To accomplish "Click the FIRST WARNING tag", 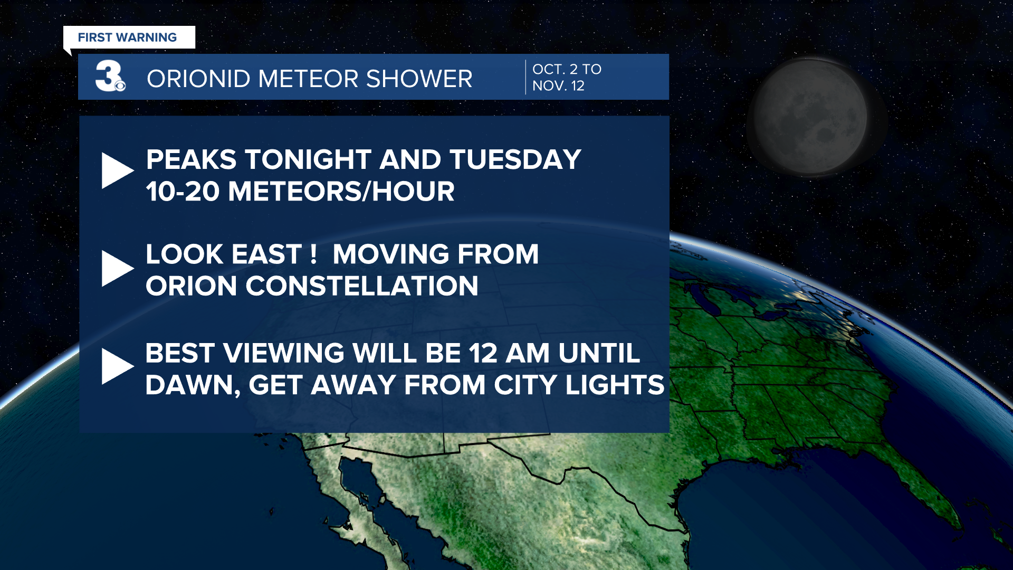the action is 129,37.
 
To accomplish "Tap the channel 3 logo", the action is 110,77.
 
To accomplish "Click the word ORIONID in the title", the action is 198,79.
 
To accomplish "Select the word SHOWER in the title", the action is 419,79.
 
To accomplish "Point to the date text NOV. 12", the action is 558,86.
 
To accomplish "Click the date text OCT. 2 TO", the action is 567,69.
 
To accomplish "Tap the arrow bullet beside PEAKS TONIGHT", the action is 118,170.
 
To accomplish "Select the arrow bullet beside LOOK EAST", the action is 118,269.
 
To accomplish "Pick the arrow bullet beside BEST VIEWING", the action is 118,366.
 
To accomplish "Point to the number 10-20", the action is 183,191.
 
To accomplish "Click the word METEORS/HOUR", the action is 341,191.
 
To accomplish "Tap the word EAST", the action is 266,254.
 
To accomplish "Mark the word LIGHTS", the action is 615,385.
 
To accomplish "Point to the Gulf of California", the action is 364,491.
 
